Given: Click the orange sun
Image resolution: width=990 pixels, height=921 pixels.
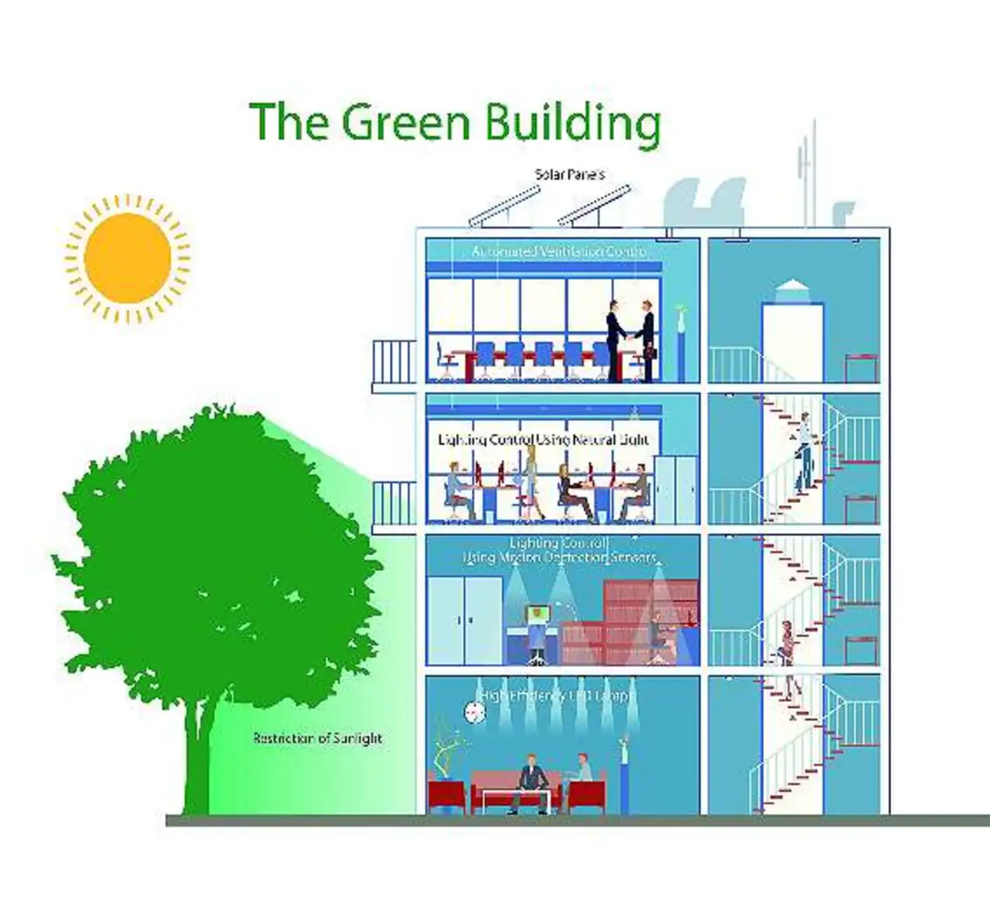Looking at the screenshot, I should point(128,257).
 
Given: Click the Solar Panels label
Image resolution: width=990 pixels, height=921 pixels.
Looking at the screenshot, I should point(569,174).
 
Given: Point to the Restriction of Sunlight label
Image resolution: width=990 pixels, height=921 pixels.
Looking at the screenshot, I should point(318,738).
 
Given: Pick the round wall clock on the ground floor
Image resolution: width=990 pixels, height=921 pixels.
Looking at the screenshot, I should point(473,711).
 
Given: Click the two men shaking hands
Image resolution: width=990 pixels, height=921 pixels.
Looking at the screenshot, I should point(630,341).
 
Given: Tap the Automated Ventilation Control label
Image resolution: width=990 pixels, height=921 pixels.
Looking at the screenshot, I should point(558,252).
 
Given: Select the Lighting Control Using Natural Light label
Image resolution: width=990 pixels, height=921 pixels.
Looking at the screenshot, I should point(543,440).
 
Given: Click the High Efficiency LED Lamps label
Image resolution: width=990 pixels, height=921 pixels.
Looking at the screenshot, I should point(557,696).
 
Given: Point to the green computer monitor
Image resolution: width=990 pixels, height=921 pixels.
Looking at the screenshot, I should point(538,615).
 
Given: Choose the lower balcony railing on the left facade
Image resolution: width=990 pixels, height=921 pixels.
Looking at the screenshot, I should point(394,505).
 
